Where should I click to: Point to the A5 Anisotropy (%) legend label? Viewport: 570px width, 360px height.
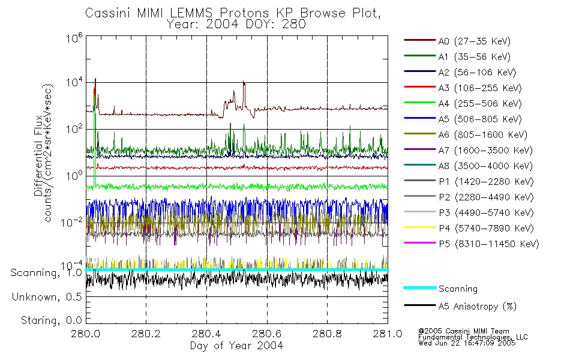pos(477,306)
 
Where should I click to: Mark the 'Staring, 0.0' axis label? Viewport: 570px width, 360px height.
pos(50,320)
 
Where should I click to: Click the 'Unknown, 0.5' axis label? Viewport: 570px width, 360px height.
pos(47,296)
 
